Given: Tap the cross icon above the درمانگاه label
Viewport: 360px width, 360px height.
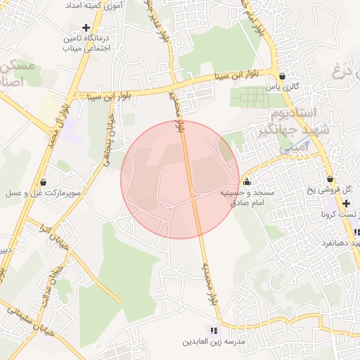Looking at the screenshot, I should click(86, 28).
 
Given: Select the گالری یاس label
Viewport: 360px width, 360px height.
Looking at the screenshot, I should click(282, 86).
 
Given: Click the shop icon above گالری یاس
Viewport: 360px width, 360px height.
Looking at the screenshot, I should click(282, 76).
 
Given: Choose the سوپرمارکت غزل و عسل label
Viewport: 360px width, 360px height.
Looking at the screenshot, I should click(44, 192).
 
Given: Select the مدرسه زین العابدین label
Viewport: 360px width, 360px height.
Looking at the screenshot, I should click(214, 342).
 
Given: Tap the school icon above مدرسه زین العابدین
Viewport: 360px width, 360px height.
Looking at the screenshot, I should click(214, 330).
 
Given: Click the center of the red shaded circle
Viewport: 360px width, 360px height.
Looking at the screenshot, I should click(180, 179).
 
